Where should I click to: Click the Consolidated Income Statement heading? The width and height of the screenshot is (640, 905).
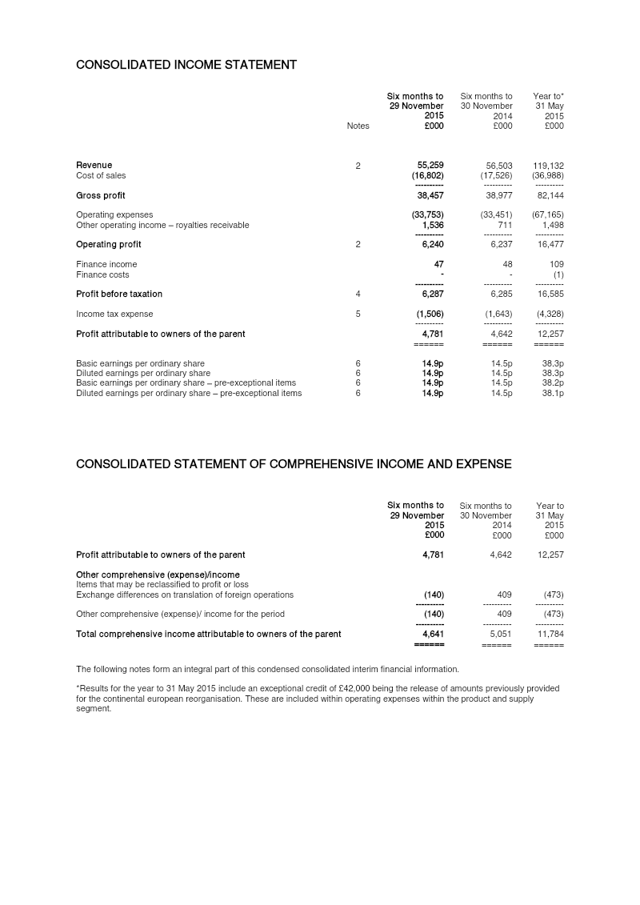[186, 65]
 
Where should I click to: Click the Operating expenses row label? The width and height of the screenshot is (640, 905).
[114, 214]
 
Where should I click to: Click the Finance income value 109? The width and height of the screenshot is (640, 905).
[556, 264]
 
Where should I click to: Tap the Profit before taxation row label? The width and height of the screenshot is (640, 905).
[119, 294]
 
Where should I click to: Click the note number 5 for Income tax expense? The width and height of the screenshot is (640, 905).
[358, 314]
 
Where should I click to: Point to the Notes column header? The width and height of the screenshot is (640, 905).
[358, 126]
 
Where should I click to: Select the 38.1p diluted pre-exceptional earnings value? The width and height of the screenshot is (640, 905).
[552, 393]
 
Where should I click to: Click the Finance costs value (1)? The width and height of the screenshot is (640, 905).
[558, 274]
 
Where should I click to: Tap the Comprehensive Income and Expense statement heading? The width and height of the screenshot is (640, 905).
[294, 464]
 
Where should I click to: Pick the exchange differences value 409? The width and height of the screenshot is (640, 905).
[504, 595]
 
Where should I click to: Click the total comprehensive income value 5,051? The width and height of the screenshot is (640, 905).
[498, 634]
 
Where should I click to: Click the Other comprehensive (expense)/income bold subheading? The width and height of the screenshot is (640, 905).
[158, 575]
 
